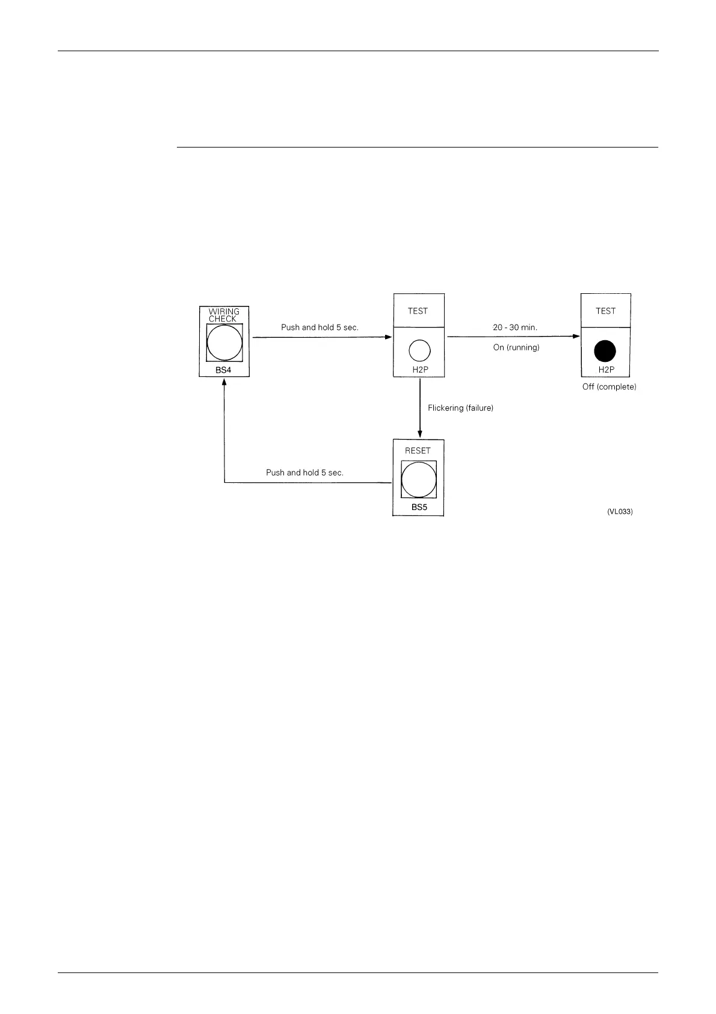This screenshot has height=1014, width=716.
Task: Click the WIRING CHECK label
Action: click(224, 315)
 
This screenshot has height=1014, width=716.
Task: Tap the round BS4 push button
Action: click(224, 343)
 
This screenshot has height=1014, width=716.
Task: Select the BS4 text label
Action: click(223, 370)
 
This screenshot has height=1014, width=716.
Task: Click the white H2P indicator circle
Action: click(419, 350)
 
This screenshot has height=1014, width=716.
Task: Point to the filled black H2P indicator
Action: click(605, 350)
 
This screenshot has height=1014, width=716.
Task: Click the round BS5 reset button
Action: click(419, 479)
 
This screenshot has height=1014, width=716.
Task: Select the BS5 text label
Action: click(419, 507)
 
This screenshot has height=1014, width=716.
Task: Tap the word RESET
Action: click(418, 450)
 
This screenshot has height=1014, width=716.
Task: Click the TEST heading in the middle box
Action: click(418, 311)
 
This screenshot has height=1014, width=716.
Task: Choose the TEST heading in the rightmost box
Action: click(605, 311)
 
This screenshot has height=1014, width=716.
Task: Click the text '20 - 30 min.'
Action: click(515, 327)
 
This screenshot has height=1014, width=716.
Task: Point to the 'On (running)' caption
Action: click(516, 347)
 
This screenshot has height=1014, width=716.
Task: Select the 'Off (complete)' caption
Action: click(609, 387)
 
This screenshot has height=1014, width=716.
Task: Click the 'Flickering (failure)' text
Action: click(460, 408)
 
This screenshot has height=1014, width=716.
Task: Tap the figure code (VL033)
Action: click(620, 512)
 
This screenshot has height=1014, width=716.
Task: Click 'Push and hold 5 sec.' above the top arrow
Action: click(319, 327)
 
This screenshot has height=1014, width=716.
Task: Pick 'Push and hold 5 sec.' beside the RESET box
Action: click(304, 473)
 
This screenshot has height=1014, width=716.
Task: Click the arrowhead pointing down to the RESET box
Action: click(419, 434)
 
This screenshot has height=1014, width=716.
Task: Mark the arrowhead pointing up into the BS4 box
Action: click(224, 383)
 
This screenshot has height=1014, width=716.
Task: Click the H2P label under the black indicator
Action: click(606, 370)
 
